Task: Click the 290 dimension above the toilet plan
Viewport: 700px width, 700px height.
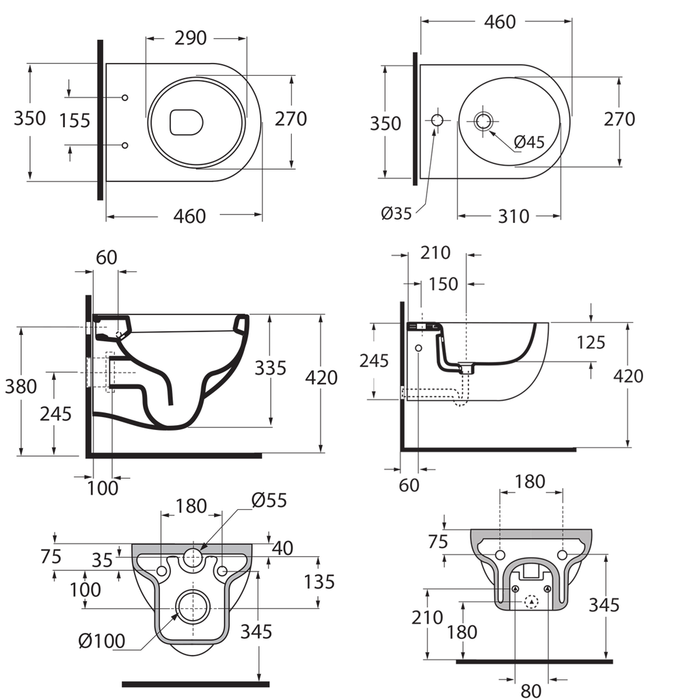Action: point(191,38)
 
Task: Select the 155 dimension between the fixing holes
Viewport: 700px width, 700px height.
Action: point(75,120)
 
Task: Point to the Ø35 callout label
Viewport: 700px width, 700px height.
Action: point(396,213)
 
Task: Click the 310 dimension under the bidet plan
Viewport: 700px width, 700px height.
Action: point(513,216)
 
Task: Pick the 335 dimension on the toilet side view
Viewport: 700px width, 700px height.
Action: point(271,368)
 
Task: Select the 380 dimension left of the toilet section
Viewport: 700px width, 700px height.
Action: point(21,387)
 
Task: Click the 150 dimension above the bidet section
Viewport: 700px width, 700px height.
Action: point(444,283)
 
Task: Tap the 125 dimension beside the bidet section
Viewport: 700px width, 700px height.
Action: point(591,342)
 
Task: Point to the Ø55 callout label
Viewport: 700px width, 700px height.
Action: point(269,500)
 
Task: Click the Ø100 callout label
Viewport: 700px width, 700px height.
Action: point(102,641)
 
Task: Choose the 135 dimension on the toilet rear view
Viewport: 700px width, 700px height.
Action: point(319,582)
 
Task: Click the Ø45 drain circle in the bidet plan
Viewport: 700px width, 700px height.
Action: point(484,121)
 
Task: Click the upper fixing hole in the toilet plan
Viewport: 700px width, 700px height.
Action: point(124,98)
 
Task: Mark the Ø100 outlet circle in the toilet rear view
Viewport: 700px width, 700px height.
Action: point(194,606)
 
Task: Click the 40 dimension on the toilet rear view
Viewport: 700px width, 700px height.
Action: point(282,548)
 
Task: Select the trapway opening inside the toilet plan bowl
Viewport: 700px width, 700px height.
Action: point(186,122)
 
